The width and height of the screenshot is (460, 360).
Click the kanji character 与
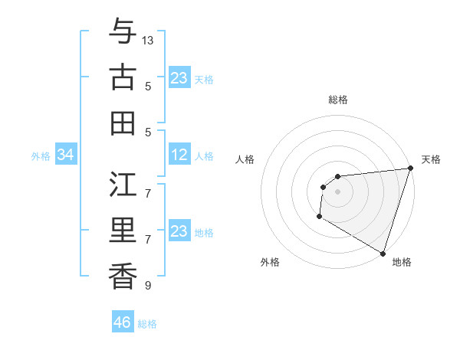click(123, 32)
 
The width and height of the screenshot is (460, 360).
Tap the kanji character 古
click(123, 77)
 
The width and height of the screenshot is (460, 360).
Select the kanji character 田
click(123, 123)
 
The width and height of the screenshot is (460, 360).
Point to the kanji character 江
click(123, 185)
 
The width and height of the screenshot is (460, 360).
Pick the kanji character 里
click(123, 231)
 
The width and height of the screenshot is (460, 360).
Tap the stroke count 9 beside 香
click(148, 286)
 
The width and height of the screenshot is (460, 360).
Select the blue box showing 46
click(123, 322)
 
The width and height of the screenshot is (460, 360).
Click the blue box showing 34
click(66, 155)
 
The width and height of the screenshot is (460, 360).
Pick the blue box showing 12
click(179, 155)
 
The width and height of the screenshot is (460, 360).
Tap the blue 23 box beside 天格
click(179, 78)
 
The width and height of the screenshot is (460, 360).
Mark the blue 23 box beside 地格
click(179, 232)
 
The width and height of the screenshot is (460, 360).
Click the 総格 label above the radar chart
click(337, 100)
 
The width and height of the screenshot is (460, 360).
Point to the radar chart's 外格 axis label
click(270, 262)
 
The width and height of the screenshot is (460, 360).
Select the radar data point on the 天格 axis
click(409, 169)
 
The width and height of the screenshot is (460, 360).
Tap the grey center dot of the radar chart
click(337, 191)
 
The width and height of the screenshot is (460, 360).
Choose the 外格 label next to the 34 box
click(41, 156)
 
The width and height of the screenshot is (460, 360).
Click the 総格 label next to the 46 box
click(147, 323)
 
